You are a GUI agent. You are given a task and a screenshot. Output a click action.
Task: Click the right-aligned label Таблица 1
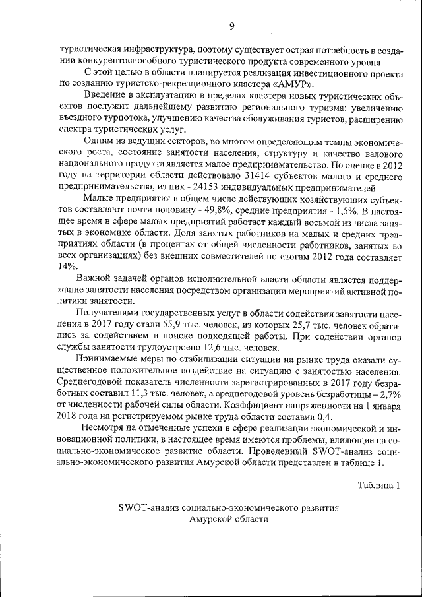tap(378, 486)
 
